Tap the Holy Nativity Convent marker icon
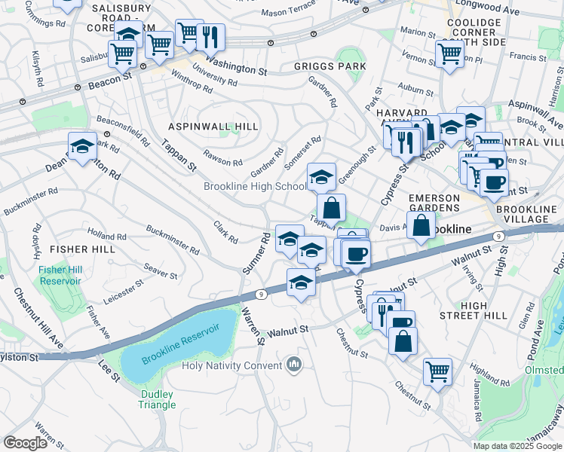click(294, 366)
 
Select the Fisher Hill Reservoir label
click(60, 275)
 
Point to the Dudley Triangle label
click(157, 399)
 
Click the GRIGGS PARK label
click(330, 66)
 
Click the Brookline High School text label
click(255, 186)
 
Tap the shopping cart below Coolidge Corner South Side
click(449, 53)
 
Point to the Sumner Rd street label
click(256, 253)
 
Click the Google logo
click(25, 443)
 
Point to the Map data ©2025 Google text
click(517, 446)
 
